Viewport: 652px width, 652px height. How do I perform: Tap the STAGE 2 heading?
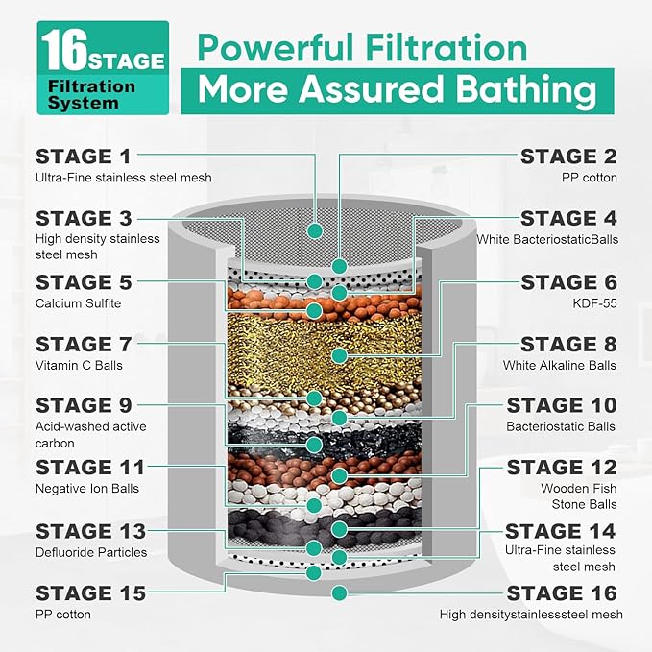(x=569, y=156)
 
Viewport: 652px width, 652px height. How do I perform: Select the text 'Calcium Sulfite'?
(x=79, y=303)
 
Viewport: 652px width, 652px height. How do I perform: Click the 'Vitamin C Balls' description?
(x=79, y=365)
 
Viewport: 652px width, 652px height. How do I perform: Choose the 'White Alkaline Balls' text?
(x=560, y=365)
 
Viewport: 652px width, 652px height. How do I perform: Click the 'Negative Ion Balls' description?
(x=86, y=489)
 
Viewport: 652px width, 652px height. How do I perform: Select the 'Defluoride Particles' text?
(x=91, y=552)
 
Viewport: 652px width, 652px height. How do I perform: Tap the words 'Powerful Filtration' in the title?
(x=363, y=47)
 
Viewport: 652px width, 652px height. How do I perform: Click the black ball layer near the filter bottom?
(x=326, y=526)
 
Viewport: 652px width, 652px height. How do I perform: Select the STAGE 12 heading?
(x=562, y=468)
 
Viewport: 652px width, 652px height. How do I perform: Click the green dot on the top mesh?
(x=313, y=230)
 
